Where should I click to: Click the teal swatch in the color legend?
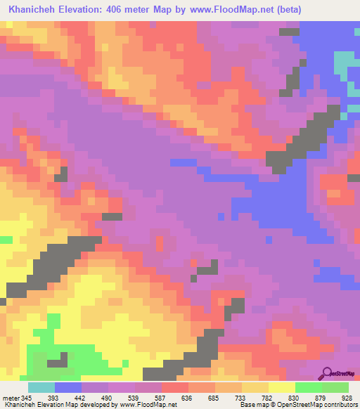(x=41, y=387)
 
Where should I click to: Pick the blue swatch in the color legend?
(x=68, y=387)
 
